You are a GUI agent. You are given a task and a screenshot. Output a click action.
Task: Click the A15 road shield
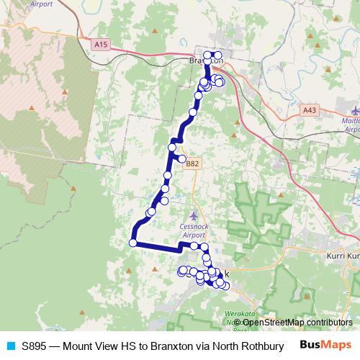[x=100, y=45]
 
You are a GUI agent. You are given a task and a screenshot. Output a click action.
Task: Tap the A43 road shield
[x=310, y=110]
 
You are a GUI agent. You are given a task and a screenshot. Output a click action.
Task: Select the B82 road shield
[x=192, y=163]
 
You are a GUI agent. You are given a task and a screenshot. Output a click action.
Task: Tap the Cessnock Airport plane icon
[x=192, y=216]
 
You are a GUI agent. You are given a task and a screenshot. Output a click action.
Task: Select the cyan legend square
[x=10, y=346]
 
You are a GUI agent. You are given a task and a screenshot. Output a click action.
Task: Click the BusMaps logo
[x=325, y=345]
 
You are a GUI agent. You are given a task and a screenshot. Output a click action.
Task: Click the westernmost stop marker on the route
[x=132, y=243]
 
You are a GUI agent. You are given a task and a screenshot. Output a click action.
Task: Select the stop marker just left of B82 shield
[x=181, y=159]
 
